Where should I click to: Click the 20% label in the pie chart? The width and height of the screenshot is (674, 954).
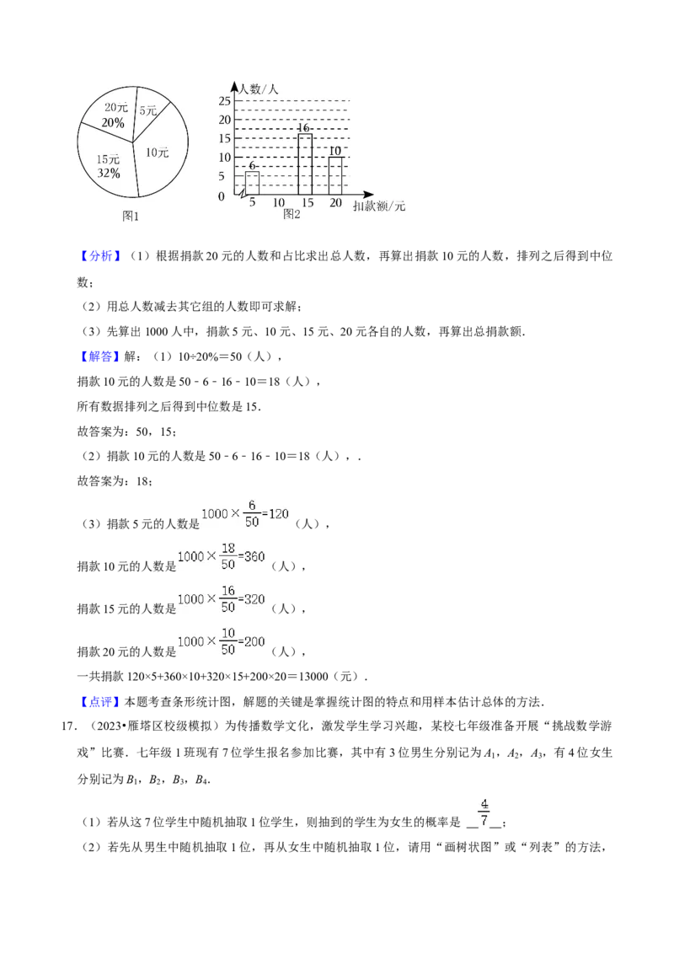point(113,123)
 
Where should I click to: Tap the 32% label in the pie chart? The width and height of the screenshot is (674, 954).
point(109,174)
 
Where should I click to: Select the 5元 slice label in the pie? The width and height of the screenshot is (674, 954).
point(147,110)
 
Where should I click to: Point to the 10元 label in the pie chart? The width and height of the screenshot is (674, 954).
point(157,153)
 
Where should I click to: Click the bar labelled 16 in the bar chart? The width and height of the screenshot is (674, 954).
point(305,164)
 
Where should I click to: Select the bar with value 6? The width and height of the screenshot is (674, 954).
point(252,183)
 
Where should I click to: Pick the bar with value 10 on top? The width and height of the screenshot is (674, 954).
point(336,176)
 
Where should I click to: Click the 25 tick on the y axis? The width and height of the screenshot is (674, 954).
point(225,101)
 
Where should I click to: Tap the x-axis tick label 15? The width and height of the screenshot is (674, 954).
point(308,203)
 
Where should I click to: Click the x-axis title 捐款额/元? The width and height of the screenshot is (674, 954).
point(379,206)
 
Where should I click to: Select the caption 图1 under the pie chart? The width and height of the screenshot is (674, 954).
point(131,216)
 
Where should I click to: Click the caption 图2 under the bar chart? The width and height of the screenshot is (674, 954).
point(292,214)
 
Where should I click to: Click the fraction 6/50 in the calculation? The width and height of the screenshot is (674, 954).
point(252,514)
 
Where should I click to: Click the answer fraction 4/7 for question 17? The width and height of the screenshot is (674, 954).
point(484,813)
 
